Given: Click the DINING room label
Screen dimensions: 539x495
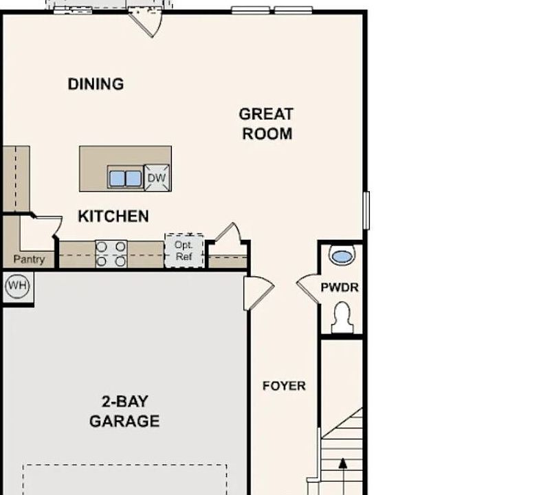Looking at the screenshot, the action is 96,84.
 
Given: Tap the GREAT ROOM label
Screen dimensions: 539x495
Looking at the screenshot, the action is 267,124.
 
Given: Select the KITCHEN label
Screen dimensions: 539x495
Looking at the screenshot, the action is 113,216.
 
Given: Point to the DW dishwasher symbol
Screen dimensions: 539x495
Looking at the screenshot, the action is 157,177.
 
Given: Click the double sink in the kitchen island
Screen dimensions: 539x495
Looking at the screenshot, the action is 125,177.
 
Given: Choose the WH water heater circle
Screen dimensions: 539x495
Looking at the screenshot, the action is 18,286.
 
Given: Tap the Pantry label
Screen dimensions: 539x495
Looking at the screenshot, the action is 29,259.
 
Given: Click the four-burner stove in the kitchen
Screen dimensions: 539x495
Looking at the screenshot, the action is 111,254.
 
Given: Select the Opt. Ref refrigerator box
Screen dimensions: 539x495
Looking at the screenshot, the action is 184,250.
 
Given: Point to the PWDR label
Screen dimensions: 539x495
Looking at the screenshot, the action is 340,287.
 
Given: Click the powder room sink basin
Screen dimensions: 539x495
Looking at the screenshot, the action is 342,256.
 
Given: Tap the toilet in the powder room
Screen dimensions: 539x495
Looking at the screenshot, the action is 342,318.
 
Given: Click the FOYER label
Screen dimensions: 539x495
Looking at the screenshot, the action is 284,386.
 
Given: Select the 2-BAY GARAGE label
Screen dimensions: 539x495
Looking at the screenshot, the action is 124,411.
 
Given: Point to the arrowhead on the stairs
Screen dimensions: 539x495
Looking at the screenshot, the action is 343,463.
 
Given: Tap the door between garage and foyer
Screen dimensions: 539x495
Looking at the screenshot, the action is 258,293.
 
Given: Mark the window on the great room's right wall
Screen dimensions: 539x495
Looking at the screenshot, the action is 366,210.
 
